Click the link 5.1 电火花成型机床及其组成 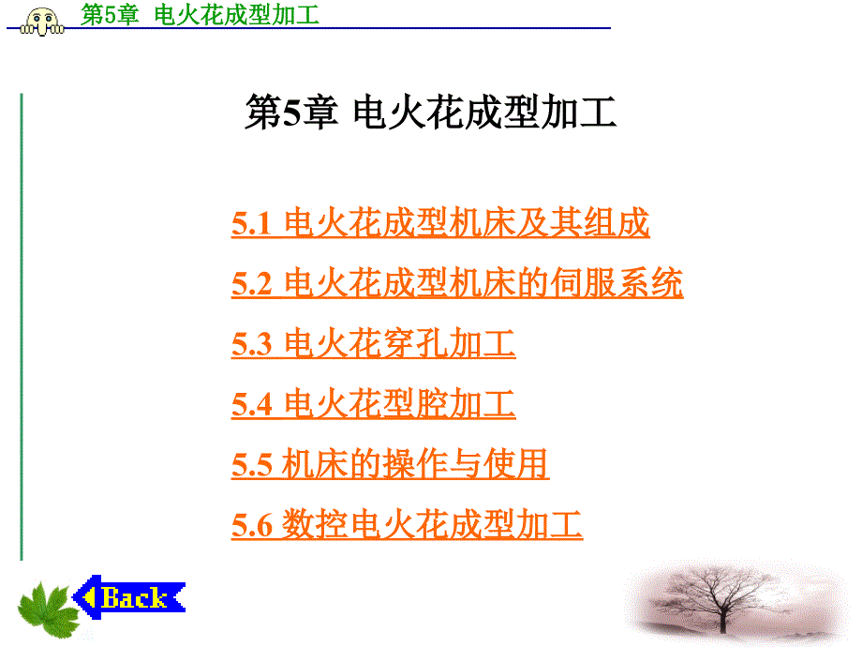click(440, 223)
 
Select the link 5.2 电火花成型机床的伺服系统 click(457, 283)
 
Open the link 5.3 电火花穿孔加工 click(373, 343)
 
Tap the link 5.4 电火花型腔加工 click(373, 403)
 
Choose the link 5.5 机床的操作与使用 click(391, 464)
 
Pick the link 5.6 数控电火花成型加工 click(407, 524)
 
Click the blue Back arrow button click(128, 597)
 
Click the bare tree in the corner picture click(721, 601)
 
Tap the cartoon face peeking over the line click(42, 22)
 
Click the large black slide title click(430, 113)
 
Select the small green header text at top click(201, 14)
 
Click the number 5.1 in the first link click(252, 224)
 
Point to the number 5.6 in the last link click(252, 525)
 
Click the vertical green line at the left click(22, 327)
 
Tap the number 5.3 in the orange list click(252, 344)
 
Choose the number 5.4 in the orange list click(252, 404)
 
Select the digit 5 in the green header click(111, 15)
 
